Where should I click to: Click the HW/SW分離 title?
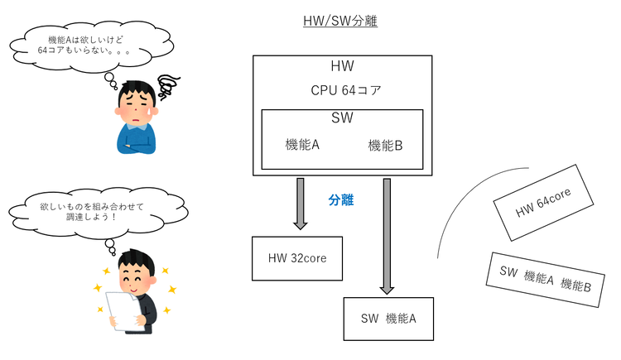tap(340, 21)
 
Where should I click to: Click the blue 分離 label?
tap(341, 200)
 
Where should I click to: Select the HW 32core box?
tap(297, 258)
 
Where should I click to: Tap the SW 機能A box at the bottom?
tap(388, 319)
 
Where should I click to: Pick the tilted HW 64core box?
tap(543, 203)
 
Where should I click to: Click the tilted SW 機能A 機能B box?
tap(546, 280)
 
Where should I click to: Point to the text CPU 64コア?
tap(346, 90)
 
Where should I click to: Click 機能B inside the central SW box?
tap(385, 146)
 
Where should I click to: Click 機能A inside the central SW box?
tap(302, 145)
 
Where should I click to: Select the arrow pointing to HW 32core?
tap(301, 204)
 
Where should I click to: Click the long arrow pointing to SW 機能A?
tap(387, 236)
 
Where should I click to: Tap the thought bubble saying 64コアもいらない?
tap(90, 50)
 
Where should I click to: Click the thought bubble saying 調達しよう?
tap(97, 213)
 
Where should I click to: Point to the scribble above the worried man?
tap(168, 87)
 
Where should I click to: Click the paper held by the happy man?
tap(123, 311)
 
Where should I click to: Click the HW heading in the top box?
tap(342, 65)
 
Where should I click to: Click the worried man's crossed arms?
tap(137, 146)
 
